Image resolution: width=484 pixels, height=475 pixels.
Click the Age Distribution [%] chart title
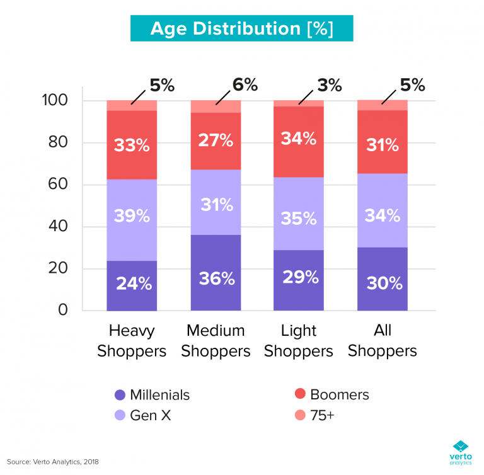242,28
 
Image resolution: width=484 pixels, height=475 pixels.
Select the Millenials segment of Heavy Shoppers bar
132,285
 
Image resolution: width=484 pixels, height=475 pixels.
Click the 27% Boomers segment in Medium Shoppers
216,140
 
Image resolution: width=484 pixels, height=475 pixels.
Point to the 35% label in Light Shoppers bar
299,218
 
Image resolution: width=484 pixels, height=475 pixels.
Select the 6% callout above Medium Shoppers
244,85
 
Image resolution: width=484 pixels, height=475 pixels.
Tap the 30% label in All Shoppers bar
383,283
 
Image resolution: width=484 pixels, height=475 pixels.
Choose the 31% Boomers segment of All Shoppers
383,145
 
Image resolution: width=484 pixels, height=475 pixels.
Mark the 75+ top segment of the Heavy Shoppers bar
132,105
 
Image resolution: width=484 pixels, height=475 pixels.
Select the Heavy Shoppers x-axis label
132,341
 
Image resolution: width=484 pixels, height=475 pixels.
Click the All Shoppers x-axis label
383,341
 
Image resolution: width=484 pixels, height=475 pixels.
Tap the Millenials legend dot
120,396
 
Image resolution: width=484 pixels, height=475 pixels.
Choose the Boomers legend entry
331,395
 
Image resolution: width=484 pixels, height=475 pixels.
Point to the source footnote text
53,462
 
